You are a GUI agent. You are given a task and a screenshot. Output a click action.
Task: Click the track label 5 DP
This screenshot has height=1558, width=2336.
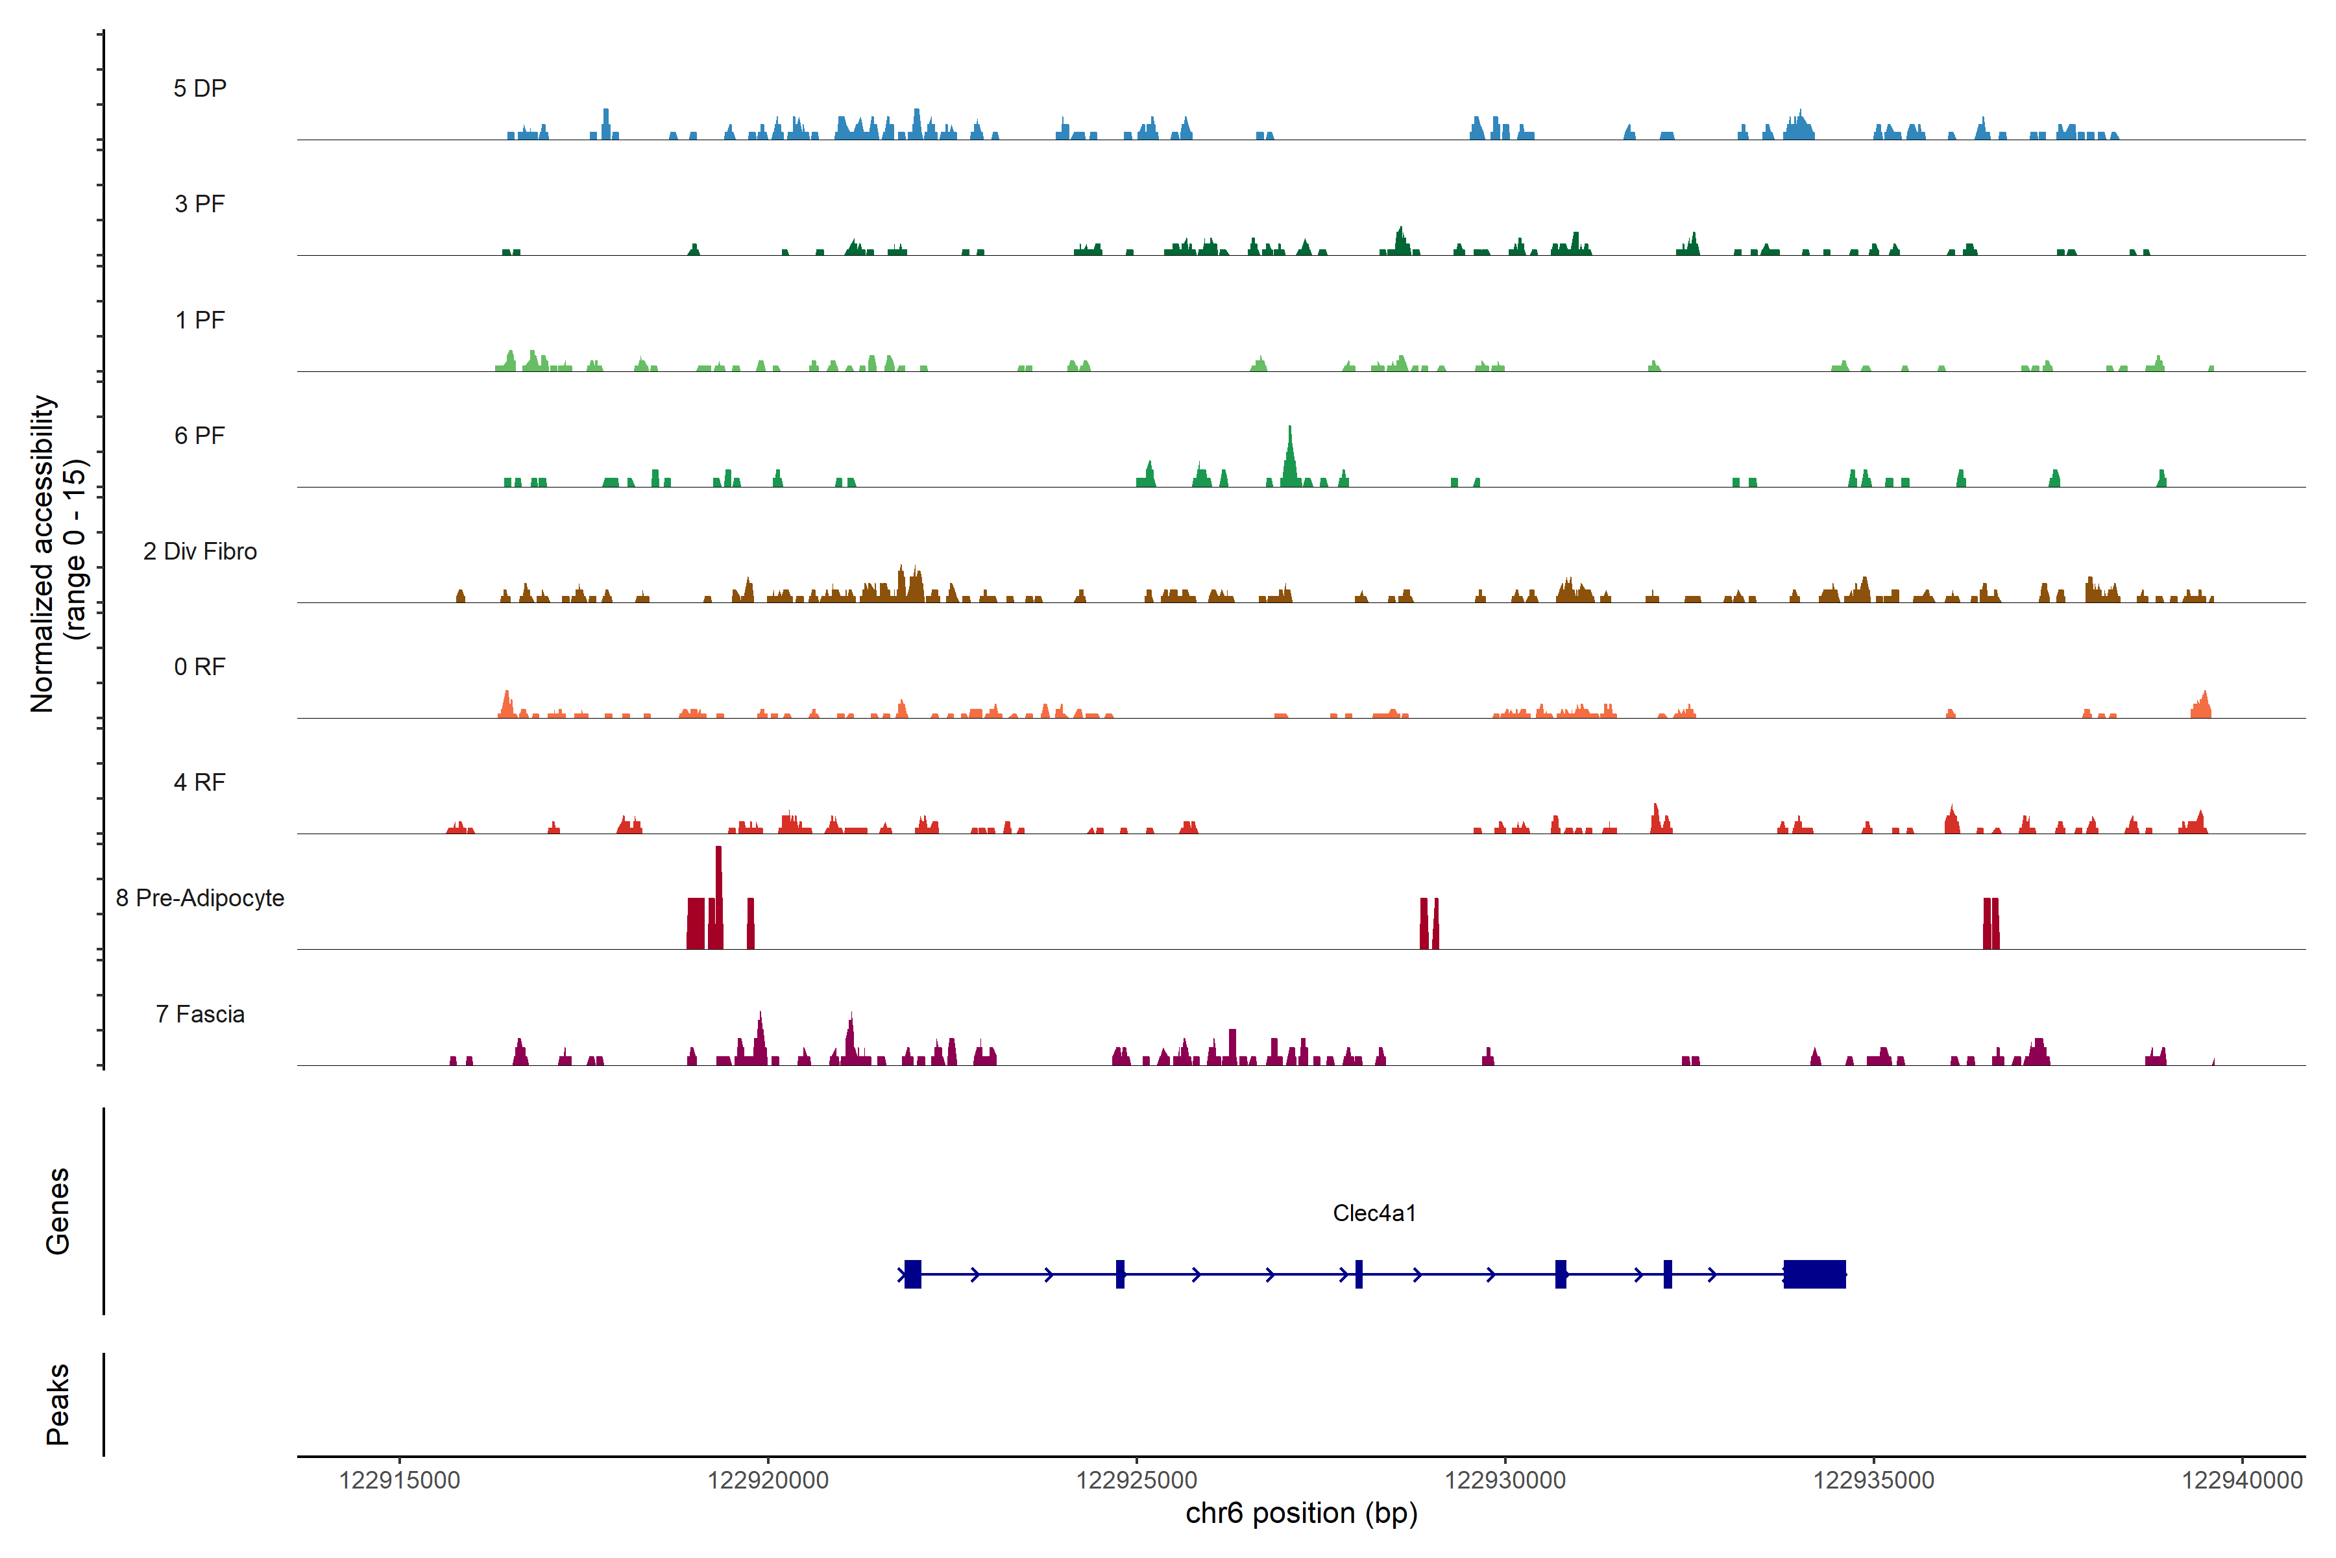pos(200,88)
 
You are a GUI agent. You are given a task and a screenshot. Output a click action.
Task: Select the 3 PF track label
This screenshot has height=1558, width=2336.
pos(200,204)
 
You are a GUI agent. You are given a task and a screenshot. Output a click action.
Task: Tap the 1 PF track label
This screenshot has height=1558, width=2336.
pos(200,320)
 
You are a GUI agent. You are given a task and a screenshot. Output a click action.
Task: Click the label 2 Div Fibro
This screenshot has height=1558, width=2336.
pos(200,551)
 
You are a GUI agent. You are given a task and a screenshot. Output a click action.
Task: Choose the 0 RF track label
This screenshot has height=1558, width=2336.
pos(200,667)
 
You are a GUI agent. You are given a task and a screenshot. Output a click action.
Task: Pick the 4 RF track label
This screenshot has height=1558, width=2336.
pos(200,782)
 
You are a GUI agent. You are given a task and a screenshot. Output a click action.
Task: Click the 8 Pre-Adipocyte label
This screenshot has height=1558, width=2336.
pos(200,898)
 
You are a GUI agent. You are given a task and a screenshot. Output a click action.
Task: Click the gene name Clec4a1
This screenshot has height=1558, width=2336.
pos(1374,1213)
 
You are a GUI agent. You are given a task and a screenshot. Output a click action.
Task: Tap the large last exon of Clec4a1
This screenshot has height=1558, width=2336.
pos(1814,1274)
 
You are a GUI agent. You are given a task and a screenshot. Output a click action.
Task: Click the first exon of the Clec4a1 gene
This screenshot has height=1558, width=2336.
pos(913,1274)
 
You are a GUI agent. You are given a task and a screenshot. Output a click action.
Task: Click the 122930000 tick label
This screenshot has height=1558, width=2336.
pos(1505,1481)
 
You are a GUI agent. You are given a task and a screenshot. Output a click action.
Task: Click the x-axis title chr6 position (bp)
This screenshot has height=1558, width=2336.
pos(1301,1513)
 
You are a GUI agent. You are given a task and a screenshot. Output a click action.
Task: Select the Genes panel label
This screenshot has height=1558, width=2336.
pos(58,1211)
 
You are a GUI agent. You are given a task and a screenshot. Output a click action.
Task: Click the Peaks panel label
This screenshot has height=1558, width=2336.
pos(58,1404)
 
